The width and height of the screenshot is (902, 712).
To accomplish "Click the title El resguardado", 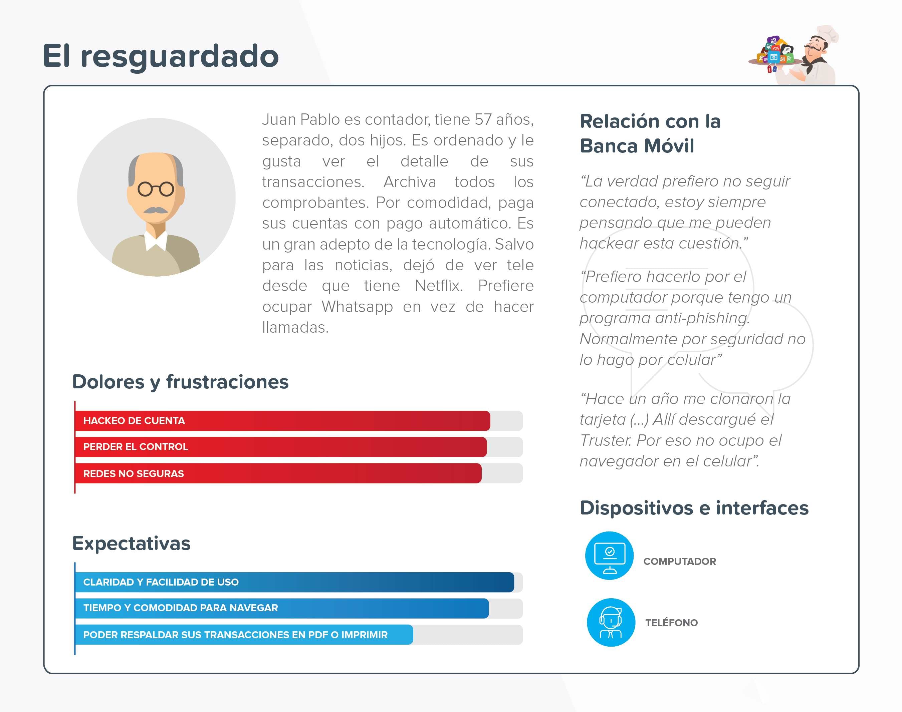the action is [161, 56].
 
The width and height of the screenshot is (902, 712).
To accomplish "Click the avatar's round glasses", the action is [156, 189].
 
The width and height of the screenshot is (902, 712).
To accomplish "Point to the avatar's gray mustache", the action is [156, 211].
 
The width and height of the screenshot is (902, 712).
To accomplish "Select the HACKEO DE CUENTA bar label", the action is [134, 421].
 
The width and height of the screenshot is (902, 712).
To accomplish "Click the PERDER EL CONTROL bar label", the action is [136, 447].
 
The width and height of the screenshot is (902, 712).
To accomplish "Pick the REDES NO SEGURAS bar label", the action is [134, 473].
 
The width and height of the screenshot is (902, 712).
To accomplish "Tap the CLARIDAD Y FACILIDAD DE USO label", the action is [161, 582].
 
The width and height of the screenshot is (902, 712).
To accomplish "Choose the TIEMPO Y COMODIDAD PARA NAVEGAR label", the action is [181, 608].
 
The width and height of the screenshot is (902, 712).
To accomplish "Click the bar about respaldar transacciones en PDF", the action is [244, 635].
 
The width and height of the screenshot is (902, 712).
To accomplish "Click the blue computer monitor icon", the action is [609, 556].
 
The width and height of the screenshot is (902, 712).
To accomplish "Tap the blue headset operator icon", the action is [611, 622].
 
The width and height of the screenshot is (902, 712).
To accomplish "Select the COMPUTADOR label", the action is [680, 562].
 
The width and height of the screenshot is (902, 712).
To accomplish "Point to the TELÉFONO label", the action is [671, 623].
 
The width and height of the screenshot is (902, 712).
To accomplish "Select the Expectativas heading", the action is [131, 544].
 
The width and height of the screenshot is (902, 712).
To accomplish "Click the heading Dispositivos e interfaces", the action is [694, 508].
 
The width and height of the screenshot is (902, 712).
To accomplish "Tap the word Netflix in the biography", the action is [439, 286].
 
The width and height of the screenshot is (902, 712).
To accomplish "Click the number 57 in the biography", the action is [483, 120].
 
